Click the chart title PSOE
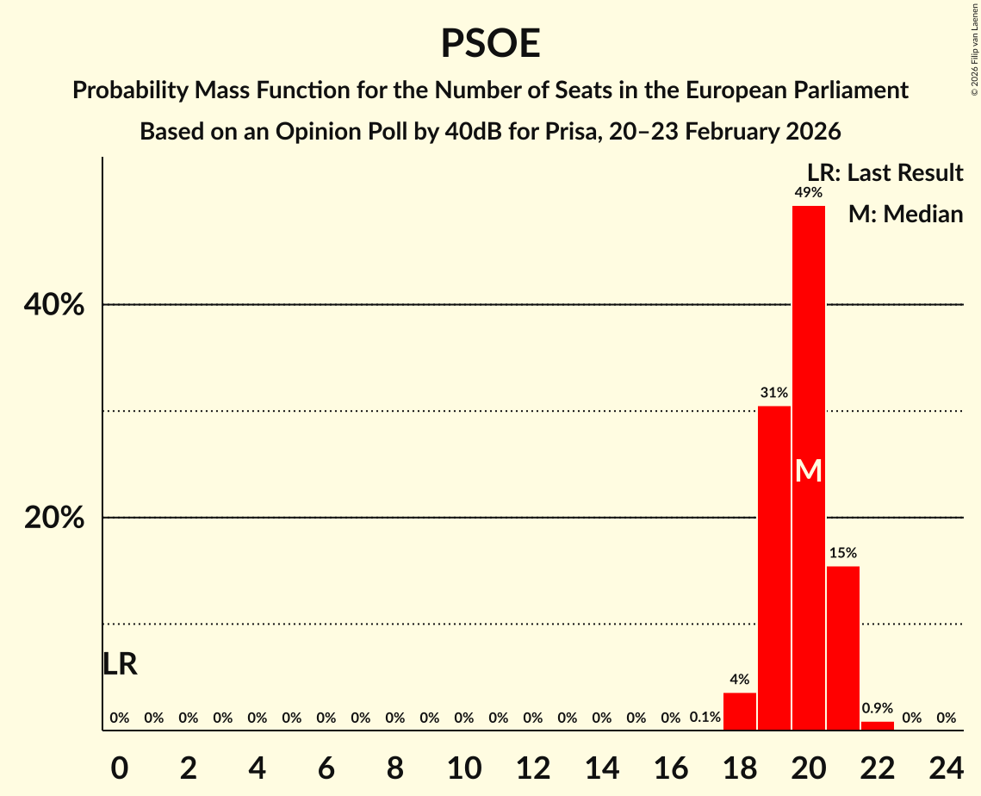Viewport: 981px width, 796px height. (x=490, y=43)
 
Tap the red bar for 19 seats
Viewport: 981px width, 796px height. (x=774, y=569)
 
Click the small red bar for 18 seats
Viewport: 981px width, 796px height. (x=740, y=712)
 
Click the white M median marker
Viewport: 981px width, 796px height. (x=809, y=470)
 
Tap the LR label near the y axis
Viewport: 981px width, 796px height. (x=120, y=664)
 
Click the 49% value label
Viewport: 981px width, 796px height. (x=809, y=193)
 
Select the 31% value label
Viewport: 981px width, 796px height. (x=774, y=393)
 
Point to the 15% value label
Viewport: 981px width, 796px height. (x=843, y=553)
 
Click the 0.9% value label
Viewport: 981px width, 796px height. (x=878, y=708)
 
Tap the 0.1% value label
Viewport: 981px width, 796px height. (x=705, y=717)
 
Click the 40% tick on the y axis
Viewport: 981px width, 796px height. (x=54, y=305)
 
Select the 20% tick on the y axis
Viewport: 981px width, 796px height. (x=54, y=518)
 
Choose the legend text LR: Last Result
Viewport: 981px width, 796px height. (x=885, y=173)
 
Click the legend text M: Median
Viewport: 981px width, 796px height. (x=905, y=214)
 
